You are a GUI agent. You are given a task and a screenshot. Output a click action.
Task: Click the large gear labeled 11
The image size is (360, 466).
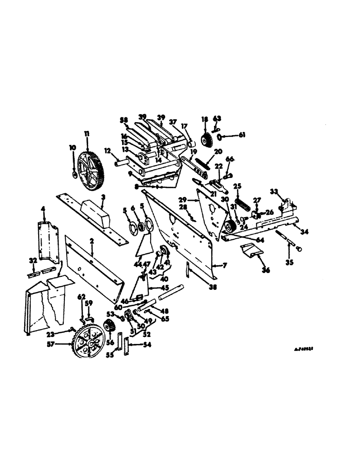point(90,172)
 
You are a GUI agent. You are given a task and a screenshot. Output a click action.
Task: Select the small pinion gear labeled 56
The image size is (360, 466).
point(110,326)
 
